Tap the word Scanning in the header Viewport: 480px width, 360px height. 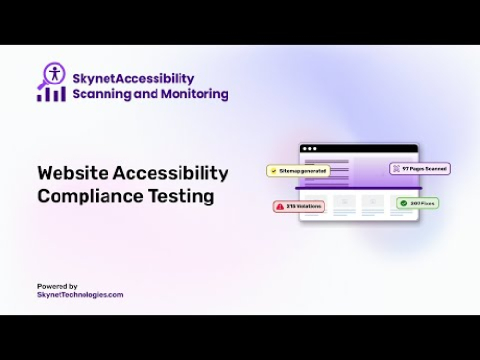pyautogui.click(x=105, y=94)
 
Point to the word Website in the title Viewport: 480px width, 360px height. pyautogui.click(x=73, y=173)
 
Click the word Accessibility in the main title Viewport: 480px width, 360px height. pyautogui.click(x=171, y=173)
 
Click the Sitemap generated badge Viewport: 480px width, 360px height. pyautogui.click(x=299, y=170)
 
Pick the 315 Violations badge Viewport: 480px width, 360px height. pyautogui.click(x=299, y=205)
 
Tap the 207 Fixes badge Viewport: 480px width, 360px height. pyautogui.click(x=417, y=204)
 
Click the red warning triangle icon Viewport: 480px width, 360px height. pyautogui.click(x=280, y=205)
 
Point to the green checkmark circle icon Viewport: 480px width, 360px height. pyautogui.click(x=403, y=204)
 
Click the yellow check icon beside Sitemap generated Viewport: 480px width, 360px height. pyautogui.click(x=274, y=170)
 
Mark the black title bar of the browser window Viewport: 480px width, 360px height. pyautogui.click(x=359, y=148)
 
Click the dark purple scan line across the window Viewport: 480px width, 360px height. pyautogui.click(x=359, y=187)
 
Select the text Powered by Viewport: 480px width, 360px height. pyautogui.click(x=58, y=286)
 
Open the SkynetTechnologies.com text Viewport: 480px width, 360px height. pyautogui.click(x=81, y=295)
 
